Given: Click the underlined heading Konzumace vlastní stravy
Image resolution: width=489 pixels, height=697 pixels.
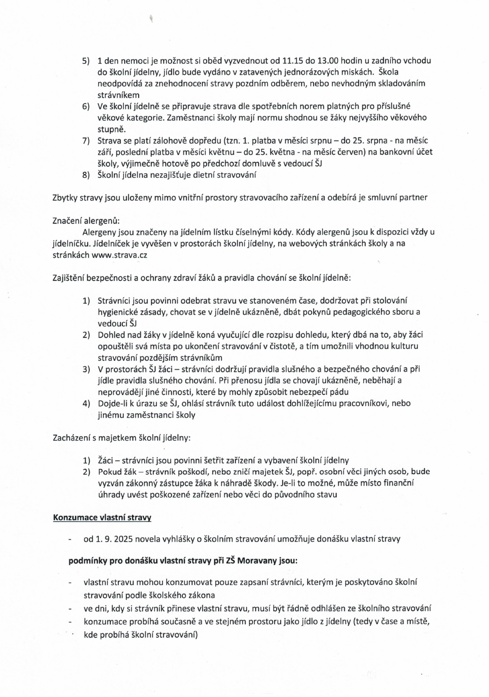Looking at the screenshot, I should [x=102, y=517].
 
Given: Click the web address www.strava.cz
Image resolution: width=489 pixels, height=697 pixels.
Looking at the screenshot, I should [x=119, y=255].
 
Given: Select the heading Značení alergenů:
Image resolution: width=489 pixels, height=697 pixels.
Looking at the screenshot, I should [x=86, y=221].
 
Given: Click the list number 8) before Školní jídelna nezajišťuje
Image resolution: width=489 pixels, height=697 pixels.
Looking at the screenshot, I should [x=86, y=175].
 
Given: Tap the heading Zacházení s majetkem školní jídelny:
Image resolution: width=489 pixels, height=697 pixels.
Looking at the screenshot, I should [x=122, y=438].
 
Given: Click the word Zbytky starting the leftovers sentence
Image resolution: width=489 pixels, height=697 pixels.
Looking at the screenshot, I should [x=65, y=198].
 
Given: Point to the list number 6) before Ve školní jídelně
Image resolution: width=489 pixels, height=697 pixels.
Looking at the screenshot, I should [x=86, y=107].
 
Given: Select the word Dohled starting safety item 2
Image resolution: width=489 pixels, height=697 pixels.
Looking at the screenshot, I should [x=110, y=335].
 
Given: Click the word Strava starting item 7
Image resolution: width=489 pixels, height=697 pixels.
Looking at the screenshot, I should [x=108, y=141].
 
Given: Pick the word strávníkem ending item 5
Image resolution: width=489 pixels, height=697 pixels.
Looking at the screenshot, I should [x=119, y=95].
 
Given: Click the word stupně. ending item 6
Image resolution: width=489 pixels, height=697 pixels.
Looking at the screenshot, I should [x=112, y=130].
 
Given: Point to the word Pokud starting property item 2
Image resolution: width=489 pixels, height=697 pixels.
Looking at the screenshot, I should [x=109, y=472].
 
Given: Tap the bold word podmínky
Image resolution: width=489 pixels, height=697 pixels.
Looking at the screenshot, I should [x=88, y=560].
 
